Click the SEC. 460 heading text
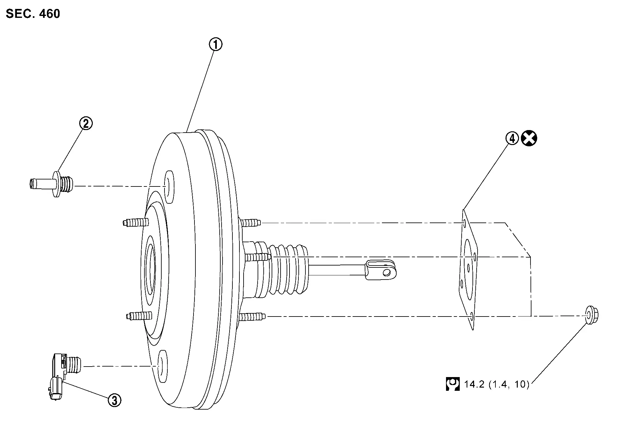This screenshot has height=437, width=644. pyautogui.click(x=33, y=14)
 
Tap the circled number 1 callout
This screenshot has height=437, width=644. pyautogui.click(x=216, y=45)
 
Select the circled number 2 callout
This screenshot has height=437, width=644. pyautogui.click(x=86, y=123)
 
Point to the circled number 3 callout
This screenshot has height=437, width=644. pyautogui.click(x=114, y=400)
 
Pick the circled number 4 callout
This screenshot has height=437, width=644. pyautogui.click(x=512, y=139)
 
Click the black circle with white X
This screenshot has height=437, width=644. pyautogui.click(x=529, y=139)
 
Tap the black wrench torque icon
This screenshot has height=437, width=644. pyautogui.click(x=453, y=384)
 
